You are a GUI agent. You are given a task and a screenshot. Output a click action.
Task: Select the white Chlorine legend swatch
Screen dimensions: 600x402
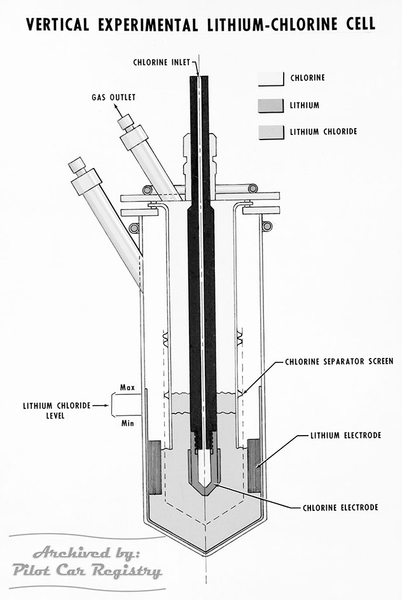[270, 78]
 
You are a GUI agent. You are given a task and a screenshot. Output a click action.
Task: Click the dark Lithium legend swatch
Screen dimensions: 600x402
[270, 105]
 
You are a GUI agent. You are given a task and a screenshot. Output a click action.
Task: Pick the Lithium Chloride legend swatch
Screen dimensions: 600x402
[270, 132]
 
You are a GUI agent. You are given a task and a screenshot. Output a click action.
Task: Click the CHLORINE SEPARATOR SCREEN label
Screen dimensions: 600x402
[335, 361]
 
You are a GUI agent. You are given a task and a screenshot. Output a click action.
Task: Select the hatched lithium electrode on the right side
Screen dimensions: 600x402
[254, 465]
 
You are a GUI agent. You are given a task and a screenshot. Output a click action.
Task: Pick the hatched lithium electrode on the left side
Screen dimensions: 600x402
[156, 465]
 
